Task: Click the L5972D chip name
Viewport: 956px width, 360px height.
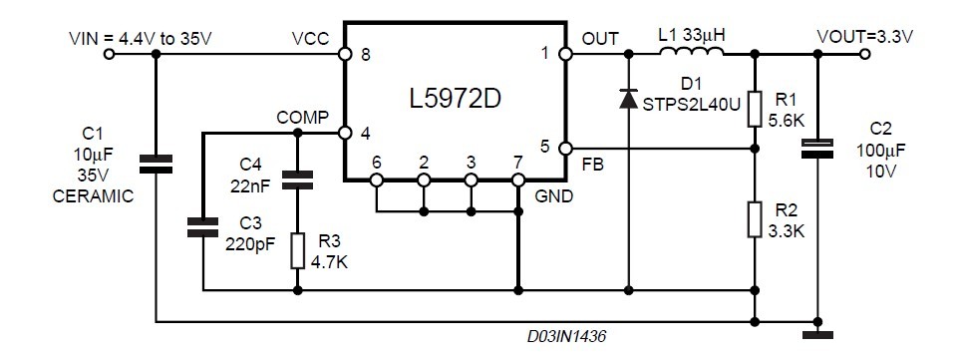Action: [455, 100]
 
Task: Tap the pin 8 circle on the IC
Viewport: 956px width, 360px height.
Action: [345, 55]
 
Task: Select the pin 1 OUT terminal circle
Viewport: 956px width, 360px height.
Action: [564, 55]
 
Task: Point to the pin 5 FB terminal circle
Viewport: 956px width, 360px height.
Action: [564, 150]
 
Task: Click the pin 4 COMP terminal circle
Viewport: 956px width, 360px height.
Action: [345, 132]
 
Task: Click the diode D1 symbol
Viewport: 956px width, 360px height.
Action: [628, 99]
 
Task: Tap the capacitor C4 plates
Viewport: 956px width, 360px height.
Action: [297, 180]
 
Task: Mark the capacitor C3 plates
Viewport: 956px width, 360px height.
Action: [202, 226]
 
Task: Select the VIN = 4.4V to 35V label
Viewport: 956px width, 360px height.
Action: [141, 37]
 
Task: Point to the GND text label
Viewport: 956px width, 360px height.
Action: [554, 196]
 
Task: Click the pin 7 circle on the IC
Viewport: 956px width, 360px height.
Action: [518, 180]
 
